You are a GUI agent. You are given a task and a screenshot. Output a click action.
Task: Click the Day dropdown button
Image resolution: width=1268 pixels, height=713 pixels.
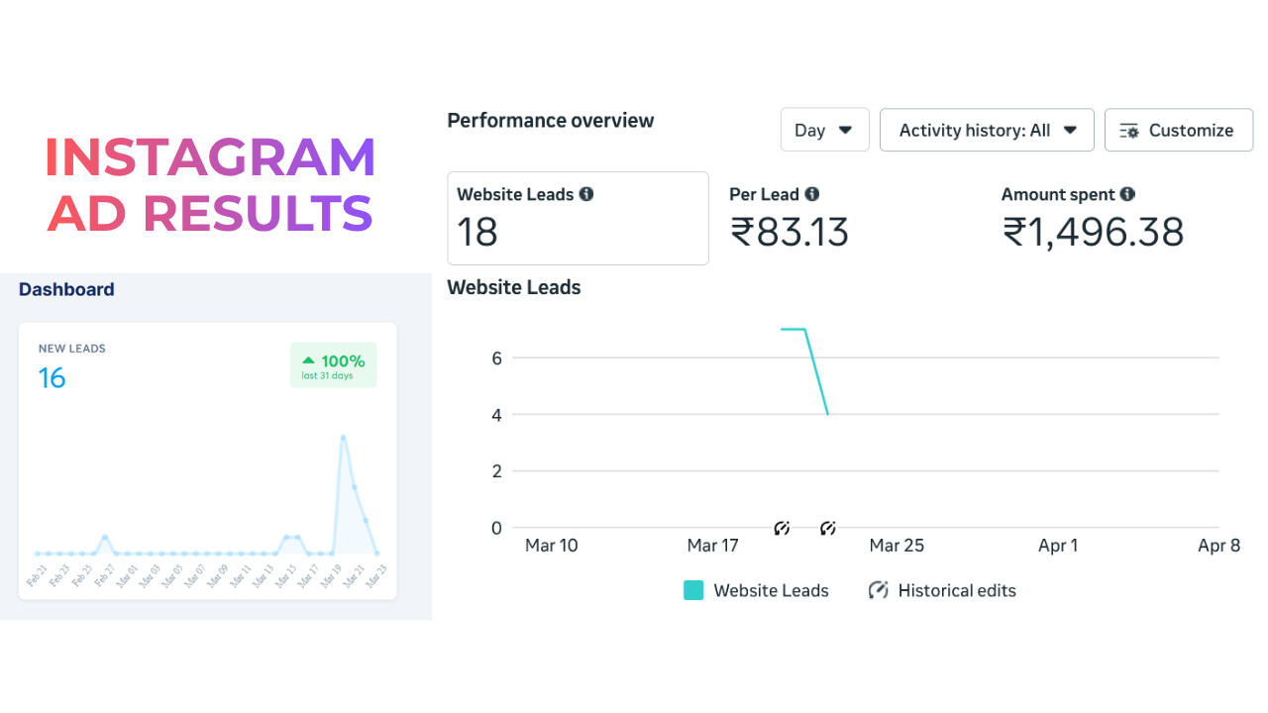click(x=824, y=130)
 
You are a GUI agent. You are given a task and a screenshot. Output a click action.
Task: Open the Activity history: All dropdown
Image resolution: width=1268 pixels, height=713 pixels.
click(x=987, y=130)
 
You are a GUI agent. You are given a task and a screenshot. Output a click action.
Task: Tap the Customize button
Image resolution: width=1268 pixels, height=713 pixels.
click(x=1178, y=130)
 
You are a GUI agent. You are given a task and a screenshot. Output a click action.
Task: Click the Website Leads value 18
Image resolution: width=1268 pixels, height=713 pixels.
click(x=477, y=232)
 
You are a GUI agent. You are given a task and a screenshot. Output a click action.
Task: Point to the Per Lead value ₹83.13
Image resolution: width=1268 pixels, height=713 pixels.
click(x=790, y=232)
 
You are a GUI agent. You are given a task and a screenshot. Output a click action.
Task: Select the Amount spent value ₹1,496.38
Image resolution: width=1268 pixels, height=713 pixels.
click(x=1093, y=232)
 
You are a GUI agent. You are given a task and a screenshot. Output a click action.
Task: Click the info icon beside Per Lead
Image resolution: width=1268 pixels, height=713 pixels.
click(x=812, y=194)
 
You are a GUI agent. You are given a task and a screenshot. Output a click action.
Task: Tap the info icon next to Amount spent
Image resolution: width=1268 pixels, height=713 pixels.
click(x=1127, y=194)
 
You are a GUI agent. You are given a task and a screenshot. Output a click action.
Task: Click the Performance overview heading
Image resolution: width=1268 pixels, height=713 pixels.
click(x=551, y=121)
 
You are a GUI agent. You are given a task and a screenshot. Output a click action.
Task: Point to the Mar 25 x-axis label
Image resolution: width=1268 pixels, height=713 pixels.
click(x=897, y=546)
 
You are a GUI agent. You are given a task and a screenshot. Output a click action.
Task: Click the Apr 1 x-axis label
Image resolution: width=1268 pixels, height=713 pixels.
click(x=1058, y=546)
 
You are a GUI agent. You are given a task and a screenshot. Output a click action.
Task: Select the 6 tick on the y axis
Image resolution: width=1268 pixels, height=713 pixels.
click(x=496, y=357)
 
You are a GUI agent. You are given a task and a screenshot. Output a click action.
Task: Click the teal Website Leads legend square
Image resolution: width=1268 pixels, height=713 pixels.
click(x=693, y=590)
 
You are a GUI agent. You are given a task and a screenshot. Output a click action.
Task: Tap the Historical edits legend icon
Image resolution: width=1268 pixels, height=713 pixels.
click(x=878, y=590)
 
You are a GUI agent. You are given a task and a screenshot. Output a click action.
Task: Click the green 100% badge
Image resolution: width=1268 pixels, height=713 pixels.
click(x=333, y=365)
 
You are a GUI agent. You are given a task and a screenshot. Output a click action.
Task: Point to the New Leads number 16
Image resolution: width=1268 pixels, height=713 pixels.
click(x=52, y=377)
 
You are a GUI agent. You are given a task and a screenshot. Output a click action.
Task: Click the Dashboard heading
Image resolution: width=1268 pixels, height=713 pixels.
click(x=66, y=289)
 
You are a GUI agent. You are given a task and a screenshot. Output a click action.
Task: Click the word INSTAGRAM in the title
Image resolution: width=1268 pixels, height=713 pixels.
click(x=210, y=157)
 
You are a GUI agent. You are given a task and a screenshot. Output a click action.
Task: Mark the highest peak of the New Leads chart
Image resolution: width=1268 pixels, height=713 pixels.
click(x=343, y=437)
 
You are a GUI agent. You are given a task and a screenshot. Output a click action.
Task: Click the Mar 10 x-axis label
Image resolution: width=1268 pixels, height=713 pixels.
click(x=551, y=546)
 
